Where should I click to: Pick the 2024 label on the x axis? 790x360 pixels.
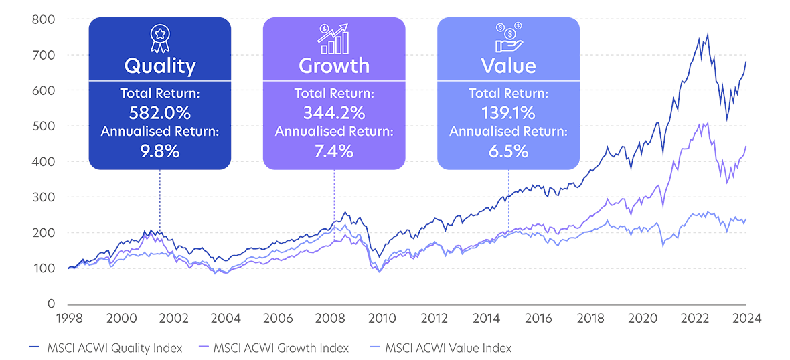(x=746, y=319)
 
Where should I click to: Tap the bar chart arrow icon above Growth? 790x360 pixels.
(x=334, y=39)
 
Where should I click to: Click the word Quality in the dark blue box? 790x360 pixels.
(x=160, y=66)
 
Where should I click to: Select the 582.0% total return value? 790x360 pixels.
(x=160, y=111)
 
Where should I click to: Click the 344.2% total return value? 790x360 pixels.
(x=334, y=111)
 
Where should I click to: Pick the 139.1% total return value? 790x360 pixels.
(x=508, y=111)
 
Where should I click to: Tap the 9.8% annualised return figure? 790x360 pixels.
(x=160, y=151)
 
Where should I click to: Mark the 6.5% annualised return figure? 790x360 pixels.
(x=508, y=151)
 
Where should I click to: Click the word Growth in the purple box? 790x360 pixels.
(x=334, y=66)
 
